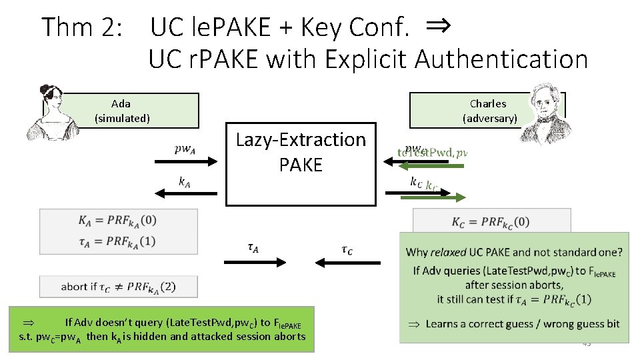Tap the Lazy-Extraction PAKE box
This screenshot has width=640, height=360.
click(301, 163)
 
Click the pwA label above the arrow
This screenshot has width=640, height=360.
click(185, 149)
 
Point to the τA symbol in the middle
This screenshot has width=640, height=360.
click(254, 248)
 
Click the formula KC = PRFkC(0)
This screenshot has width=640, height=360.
click(491, 221)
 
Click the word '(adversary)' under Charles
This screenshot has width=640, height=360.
click(489, 119)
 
